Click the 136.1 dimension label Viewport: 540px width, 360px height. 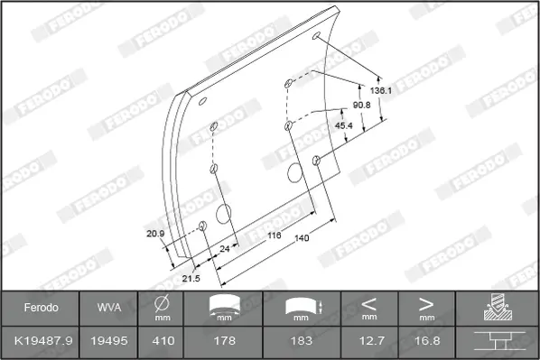380,90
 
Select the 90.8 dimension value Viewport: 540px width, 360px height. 361,105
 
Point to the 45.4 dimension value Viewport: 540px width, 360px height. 344,125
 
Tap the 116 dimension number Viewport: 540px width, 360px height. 275,235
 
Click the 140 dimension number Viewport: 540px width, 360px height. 302,238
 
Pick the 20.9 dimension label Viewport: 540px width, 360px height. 155,234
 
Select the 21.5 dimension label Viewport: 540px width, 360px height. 191,278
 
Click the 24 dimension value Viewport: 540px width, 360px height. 225,248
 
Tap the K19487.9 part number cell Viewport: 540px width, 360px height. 43,341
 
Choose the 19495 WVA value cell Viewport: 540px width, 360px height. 109,341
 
